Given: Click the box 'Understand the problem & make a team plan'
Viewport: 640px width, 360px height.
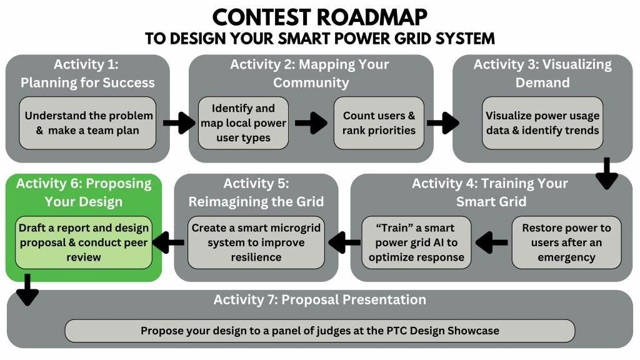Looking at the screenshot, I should [x=87, y=123].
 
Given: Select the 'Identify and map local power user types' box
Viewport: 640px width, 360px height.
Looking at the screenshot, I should [x=243, y=123].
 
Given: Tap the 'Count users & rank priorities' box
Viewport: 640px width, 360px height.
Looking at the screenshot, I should [x=379, y=123].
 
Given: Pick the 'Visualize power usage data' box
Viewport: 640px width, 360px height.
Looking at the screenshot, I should [x=542, y=123].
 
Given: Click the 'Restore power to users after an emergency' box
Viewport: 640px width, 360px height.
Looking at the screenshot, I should [x=566, y=242].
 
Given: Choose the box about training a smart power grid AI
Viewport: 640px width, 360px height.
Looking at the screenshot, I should [x=416, y=242].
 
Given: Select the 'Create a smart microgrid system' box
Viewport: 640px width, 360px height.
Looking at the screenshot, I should [x=256, y=242].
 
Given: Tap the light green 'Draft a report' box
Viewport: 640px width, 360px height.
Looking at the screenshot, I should [x=84, y=242].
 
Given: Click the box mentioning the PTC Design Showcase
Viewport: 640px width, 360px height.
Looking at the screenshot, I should [x=319, y=331].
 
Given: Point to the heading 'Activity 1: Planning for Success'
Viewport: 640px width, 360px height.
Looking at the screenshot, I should [x=87, y=73].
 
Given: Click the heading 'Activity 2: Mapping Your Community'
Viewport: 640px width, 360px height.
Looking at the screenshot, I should [x=311, y=73].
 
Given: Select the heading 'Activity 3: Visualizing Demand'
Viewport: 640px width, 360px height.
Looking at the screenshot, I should [x=542, y=73].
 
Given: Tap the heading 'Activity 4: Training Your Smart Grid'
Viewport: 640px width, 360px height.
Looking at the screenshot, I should [x=490, y=192].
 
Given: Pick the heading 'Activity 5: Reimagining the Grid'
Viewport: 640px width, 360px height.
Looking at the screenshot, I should [x=256, y=192].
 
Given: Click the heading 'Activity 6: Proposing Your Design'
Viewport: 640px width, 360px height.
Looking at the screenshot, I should [x=84, y=192].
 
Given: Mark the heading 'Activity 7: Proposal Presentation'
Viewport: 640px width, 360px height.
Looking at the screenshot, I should [x=319, y=299].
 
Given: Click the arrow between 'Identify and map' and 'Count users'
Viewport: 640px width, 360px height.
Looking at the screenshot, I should [x=311, y=123].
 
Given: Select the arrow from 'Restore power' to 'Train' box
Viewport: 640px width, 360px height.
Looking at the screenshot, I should [x=491, y=242].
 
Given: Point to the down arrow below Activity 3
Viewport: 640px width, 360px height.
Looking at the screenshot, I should [x=606, y=174].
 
